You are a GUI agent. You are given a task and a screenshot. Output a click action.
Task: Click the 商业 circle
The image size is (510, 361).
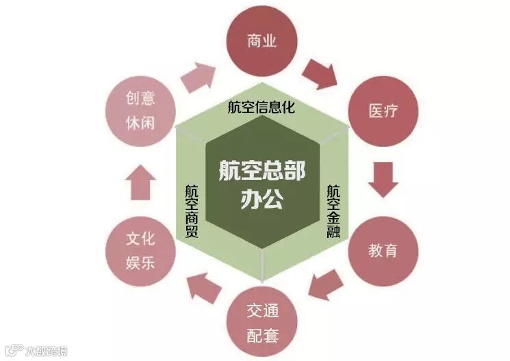coord(262,42)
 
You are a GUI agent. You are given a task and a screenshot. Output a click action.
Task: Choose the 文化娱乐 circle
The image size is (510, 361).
coord(140,250)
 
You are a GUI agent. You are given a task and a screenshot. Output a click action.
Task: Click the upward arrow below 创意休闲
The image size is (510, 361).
coord(141,180)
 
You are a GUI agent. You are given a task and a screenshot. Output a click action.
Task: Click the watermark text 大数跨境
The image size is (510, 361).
coord(47,351)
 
